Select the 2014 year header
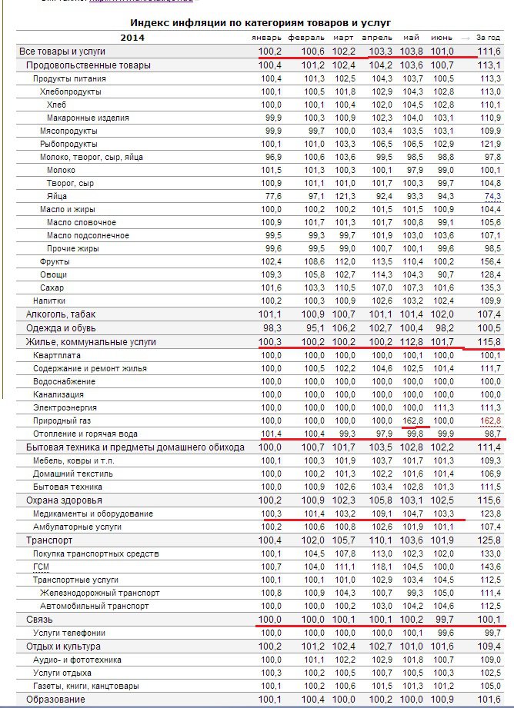pos(132,37)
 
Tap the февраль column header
pos(306,38)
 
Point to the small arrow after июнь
pos(465,38)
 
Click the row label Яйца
pos(57,196)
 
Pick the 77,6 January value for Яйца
pos(271,196)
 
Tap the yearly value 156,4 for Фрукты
pos(489,261)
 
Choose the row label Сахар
pos(52,288)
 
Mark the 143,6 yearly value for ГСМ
pos(489,566)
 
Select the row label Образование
pos(55,699)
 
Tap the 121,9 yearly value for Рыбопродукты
pos(489,144)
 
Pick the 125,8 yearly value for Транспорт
pos(489,540)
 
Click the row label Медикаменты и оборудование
pos(93,514)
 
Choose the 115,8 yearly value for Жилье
pos(489,341)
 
